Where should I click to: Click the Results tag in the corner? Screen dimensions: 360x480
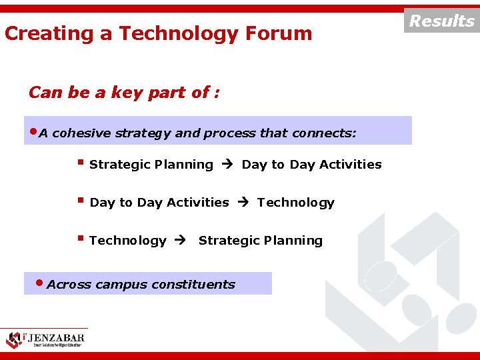tap(441, 21)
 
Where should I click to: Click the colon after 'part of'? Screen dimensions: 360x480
tap(217, 93)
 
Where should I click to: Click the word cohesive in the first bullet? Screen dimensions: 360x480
tap(81, 133)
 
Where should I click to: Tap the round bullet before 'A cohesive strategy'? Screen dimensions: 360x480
tap(33, 131)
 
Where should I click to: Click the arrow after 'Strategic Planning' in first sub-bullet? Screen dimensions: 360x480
tap(227, 165)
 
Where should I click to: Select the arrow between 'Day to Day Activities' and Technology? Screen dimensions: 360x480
tap(243, 203)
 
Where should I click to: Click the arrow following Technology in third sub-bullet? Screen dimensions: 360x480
tap(181, 241)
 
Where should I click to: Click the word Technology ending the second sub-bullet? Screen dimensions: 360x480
tap(295, 203)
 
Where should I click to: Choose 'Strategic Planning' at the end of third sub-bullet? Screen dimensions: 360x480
tap(260, 241)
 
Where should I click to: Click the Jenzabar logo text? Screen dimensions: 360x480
tap(56, 337)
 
